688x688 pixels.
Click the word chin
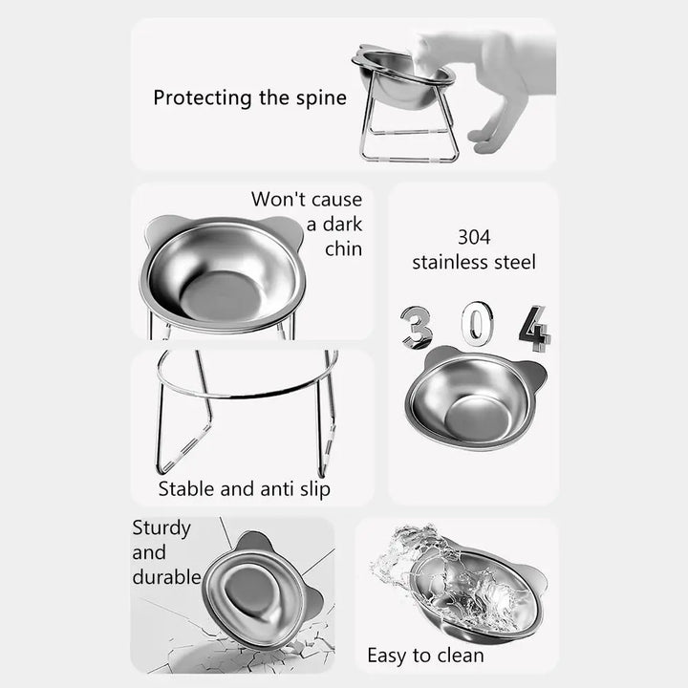[x=343, y=249]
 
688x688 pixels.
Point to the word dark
[x=341, y=225]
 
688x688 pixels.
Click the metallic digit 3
[x=416, y=327]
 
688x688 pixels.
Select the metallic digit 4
[x=534, y=329]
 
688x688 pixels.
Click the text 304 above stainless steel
[x=474, y=236]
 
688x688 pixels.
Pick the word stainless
[x=449, y=262]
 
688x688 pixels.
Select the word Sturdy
[x=161, y=527]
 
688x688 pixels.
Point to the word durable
[x=166, y=577]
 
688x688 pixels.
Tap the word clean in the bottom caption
[x=459, y=656]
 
